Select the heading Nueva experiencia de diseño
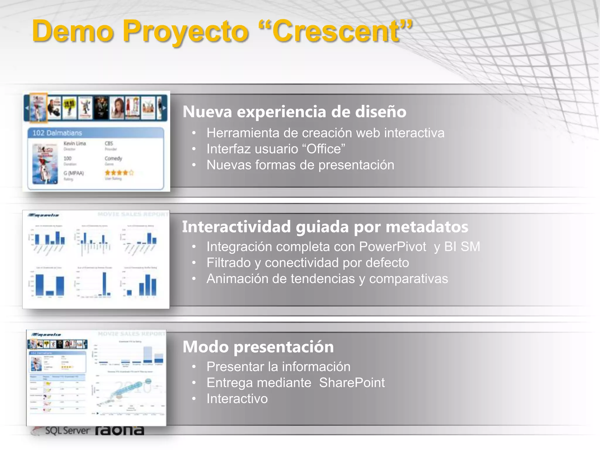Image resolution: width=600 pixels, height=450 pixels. [x=294, y=112]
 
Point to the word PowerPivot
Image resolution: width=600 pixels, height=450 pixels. [x=393, y=247]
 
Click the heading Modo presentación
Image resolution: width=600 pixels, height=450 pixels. [x=258, y=347]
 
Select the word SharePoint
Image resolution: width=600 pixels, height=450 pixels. [x=352, y=383]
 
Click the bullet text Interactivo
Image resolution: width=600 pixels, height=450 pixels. [x=237, y=399]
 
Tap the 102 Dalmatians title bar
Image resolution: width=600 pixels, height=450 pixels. [x=96, y=133]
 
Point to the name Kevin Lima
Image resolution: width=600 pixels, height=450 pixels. [x=75, y=143]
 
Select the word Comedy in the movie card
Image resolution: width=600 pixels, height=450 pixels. [x=113, y=158]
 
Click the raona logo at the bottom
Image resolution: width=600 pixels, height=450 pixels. [x=120, y=430]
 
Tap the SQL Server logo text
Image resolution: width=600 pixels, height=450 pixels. [x=67, y=431]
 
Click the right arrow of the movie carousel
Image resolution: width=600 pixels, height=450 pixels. [x=164, y=108]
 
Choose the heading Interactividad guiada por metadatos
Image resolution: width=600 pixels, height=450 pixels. [x=325, y=227]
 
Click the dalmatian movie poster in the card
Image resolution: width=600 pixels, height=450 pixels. [x=45, y=163]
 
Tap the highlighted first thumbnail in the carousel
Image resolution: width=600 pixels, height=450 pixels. [x=38, y=108]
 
